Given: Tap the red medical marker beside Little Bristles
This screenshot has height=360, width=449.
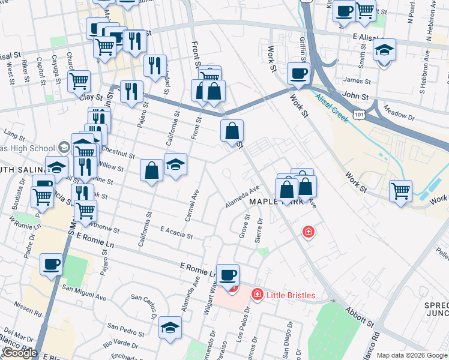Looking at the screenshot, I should [x=257, y=294].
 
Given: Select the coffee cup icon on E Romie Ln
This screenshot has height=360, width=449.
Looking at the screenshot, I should [x=228, y=275].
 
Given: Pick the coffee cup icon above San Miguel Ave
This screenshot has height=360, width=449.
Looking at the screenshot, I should [x=52, y=264].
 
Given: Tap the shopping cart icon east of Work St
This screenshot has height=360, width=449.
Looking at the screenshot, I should [x=400, y=191].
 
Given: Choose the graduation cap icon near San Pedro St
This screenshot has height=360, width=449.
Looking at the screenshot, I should [x=170, y=328].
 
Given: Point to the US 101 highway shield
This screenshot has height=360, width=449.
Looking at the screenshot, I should [x=359, y=113].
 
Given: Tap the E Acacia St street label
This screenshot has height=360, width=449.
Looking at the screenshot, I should [x=176, y=233].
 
